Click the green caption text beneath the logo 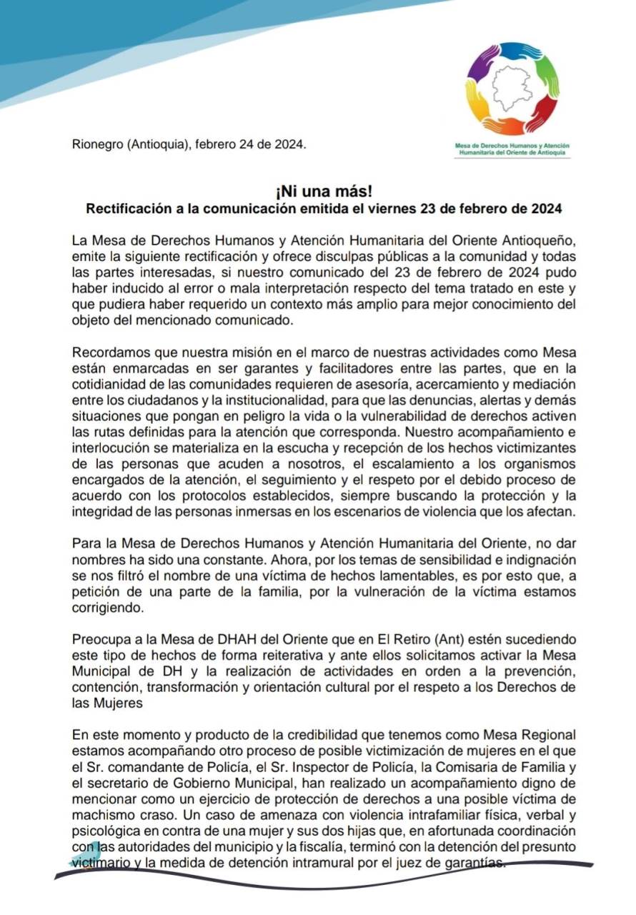coord(512,149)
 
